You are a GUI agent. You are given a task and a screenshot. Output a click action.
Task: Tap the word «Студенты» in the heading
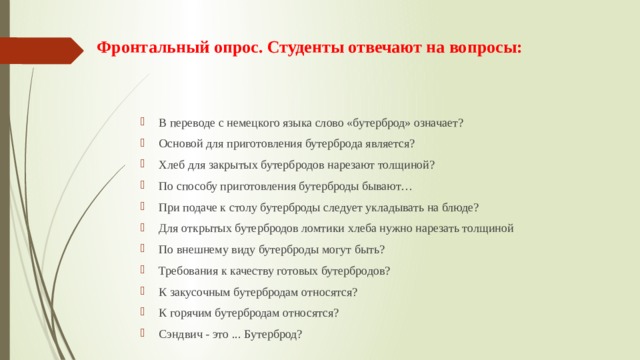coord(304,48)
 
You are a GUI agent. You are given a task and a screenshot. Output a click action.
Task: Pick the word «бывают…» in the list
coord(376,186)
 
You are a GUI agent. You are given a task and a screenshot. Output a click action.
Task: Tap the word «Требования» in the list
coord(187,270)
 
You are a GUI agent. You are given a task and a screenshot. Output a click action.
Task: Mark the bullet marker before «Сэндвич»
coord(146,334)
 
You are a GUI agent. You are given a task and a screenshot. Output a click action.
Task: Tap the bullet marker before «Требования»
coord(146,270)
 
